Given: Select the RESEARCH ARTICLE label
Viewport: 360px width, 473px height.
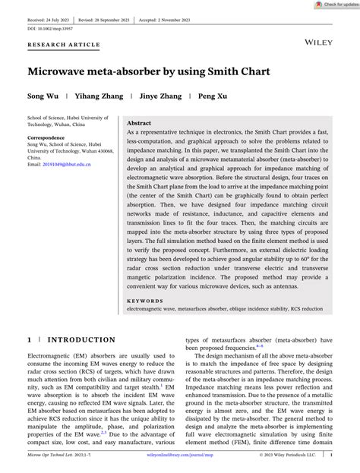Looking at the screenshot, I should pos(64,46).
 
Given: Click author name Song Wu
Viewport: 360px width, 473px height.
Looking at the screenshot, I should pos(43,97).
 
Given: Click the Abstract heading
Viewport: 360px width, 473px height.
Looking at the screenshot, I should pos(139,122).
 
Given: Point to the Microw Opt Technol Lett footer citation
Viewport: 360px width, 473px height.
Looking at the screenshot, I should pos(57,455).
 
